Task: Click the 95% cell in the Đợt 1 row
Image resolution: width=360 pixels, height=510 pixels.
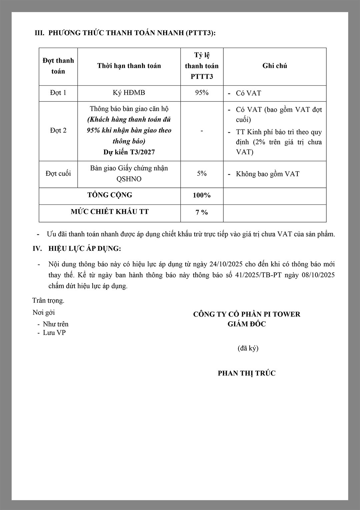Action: [202, 93]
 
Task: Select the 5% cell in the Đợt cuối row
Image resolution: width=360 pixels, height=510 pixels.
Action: [202, 173]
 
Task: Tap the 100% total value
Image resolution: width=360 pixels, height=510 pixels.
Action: [202, 195]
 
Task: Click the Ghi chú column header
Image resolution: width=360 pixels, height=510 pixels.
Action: [275, 66]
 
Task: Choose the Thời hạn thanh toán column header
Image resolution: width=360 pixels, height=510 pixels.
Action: [129, 66]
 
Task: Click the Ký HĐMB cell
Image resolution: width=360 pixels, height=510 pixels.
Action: [129, 93]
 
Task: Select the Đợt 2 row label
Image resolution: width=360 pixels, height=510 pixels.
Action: [58, 130]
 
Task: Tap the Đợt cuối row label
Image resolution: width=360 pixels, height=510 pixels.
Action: [58, 173]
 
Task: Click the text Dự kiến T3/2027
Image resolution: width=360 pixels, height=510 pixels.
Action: [129, 152]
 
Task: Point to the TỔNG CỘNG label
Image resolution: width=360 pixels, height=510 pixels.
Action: [110, 195]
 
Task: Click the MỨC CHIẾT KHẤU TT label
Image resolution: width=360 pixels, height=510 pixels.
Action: [110, 212]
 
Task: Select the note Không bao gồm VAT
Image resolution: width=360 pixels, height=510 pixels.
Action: [267, 174]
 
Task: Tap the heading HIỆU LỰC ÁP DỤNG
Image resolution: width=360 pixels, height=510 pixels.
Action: [85, 248]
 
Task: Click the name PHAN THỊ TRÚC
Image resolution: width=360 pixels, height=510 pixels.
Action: [247, 373]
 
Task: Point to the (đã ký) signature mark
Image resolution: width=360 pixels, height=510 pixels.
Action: [248, 348]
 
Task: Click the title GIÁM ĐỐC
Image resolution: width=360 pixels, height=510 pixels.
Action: [247, 324]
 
